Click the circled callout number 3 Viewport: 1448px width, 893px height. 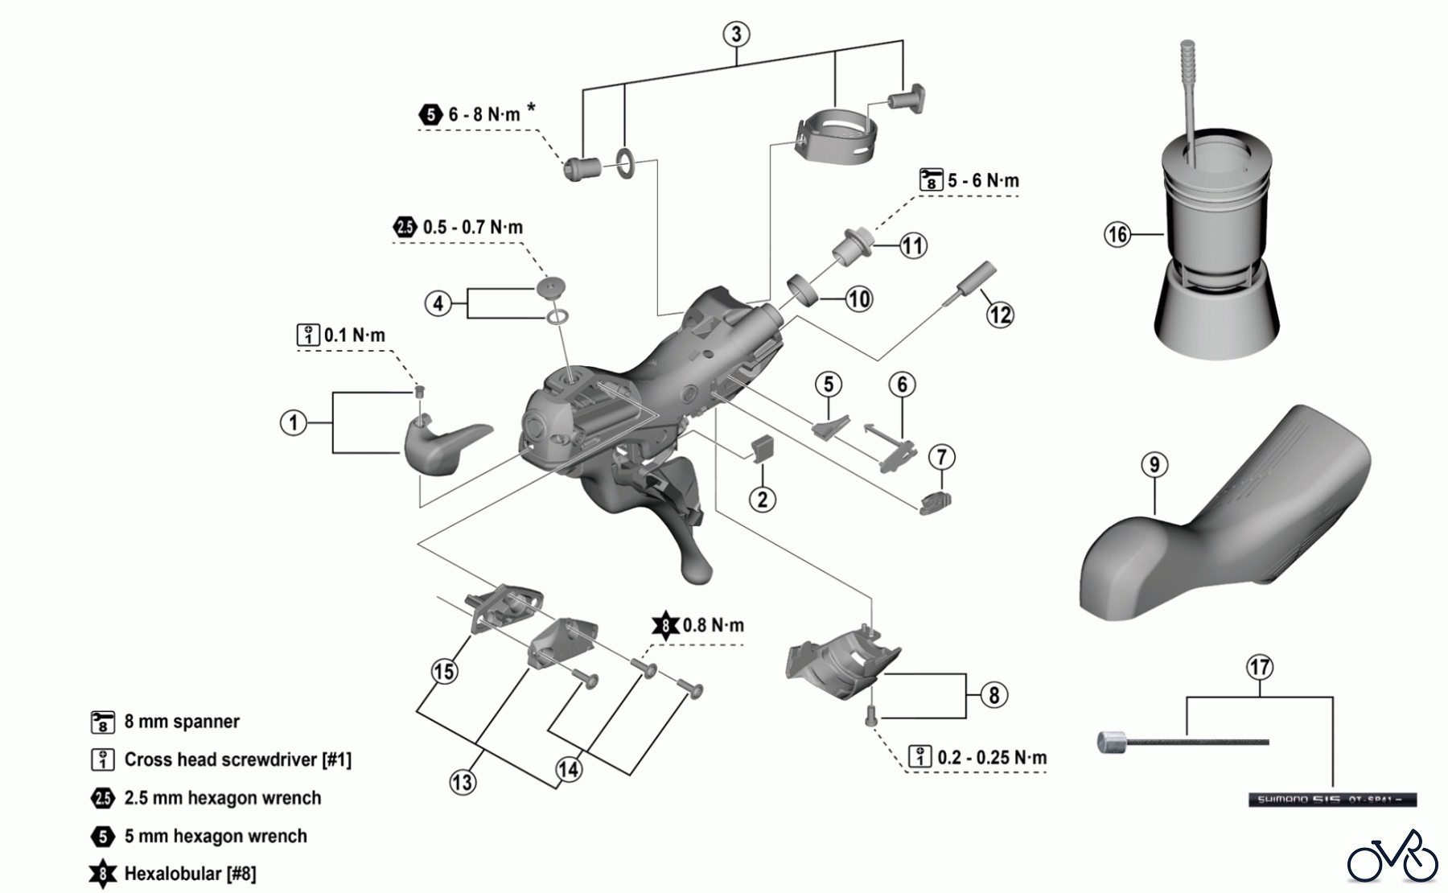pyautogui.click(x=736, y=35)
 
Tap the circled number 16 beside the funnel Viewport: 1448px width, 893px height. pyautogui.click(x=1117, y=235)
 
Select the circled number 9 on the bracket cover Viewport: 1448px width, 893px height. pyautogui.click(x=1154, y=465)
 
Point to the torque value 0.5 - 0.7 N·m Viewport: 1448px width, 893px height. pyautogui.click(x=472, y=227)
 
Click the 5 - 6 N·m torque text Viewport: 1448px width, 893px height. pyautogui.click(x=982, y=180)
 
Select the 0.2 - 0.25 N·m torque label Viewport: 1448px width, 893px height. pyautogui.click(x=992, y=758)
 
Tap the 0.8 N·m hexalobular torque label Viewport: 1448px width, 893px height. pyautogui.click(x=713, y=625)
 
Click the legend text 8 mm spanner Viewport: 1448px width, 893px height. pyautogui.click(x=182, y=722)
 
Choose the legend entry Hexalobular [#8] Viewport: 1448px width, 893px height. pyautogui.click(x=190, y=874)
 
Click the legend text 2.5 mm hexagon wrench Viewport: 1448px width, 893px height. pyautogui.click(x=222, y=798)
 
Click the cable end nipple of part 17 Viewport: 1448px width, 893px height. pyautogui.click(x=1112, y=742)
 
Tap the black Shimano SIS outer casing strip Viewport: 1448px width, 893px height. pyautogui.click(x=1331, y=800)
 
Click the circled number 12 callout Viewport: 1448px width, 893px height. pyautogui.click(x=1000, y=315)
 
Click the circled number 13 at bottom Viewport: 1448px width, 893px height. pyautogui.click(x=463, y=782)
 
